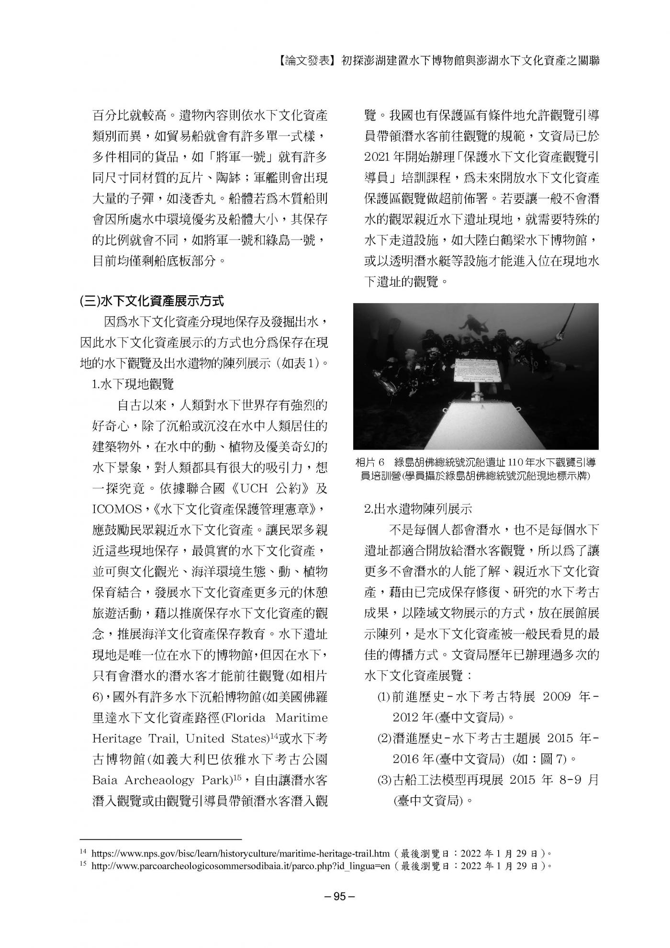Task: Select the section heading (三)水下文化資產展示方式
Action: click(152, 301)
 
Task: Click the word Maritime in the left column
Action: click(304, 718)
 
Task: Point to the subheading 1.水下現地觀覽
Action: click(133, 384)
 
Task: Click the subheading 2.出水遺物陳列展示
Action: click(418, 508)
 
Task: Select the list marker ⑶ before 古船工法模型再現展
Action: click(384, 780)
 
